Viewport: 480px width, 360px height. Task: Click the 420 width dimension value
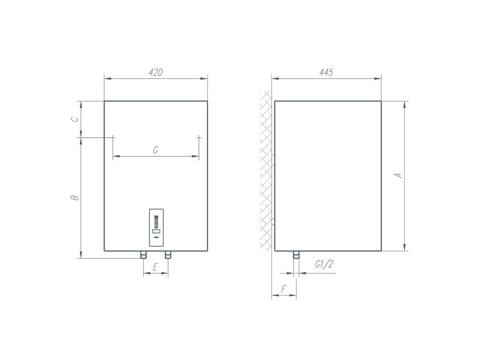[156, 72]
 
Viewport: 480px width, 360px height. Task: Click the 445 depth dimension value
[326, 72]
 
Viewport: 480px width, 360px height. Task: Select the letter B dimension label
[75, 198]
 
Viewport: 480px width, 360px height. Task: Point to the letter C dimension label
[75, 119]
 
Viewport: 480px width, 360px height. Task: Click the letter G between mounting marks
[156, 150]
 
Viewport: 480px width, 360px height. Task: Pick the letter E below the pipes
[155, 267]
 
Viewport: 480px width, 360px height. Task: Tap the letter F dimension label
[283, 289]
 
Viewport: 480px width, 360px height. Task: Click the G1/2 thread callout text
[324, 264]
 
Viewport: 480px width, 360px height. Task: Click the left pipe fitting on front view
[143, 255]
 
